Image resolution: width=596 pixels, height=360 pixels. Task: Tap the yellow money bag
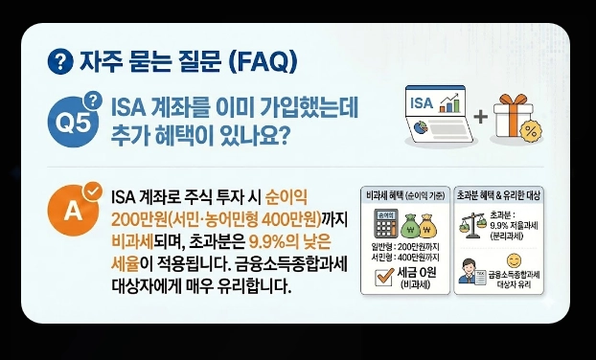tap(429, 226)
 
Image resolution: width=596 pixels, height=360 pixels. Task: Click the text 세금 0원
tap(413, 272)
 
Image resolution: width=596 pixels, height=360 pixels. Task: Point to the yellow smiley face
tap(514, 259)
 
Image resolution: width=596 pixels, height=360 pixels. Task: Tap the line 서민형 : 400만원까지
tap(401, 259)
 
